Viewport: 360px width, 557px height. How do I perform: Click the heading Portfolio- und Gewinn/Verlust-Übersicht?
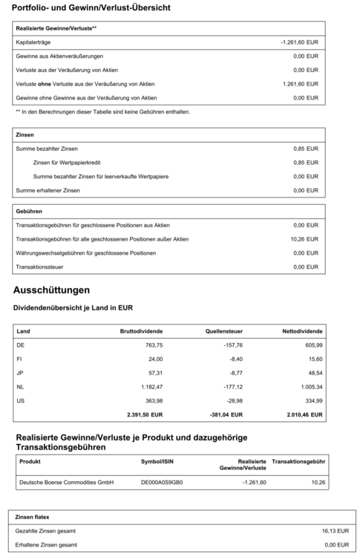tap(91, 8)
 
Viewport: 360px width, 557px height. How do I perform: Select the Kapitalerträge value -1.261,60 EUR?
tap(299, 42)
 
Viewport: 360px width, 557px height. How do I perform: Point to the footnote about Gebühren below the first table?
tap(92, 111)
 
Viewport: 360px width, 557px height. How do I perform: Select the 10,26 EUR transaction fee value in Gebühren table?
tap(304, 238)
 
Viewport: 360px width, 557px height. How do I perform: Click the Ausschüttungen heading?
tap(51, 289)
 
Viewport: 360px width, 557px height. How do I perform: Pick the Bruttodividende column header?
tap(141, 331)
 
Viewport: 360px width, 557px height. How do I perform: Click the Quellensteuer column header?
tap(224, 331)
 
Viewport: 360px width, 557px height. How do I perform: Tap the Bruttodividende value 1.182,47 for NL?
tap(147, 387)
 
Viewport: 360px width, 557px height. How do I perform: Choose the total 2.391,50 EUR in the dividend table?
tap(141, 415)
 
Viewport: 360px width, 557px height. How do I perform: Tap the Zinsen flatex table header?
tap(34, 515)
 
